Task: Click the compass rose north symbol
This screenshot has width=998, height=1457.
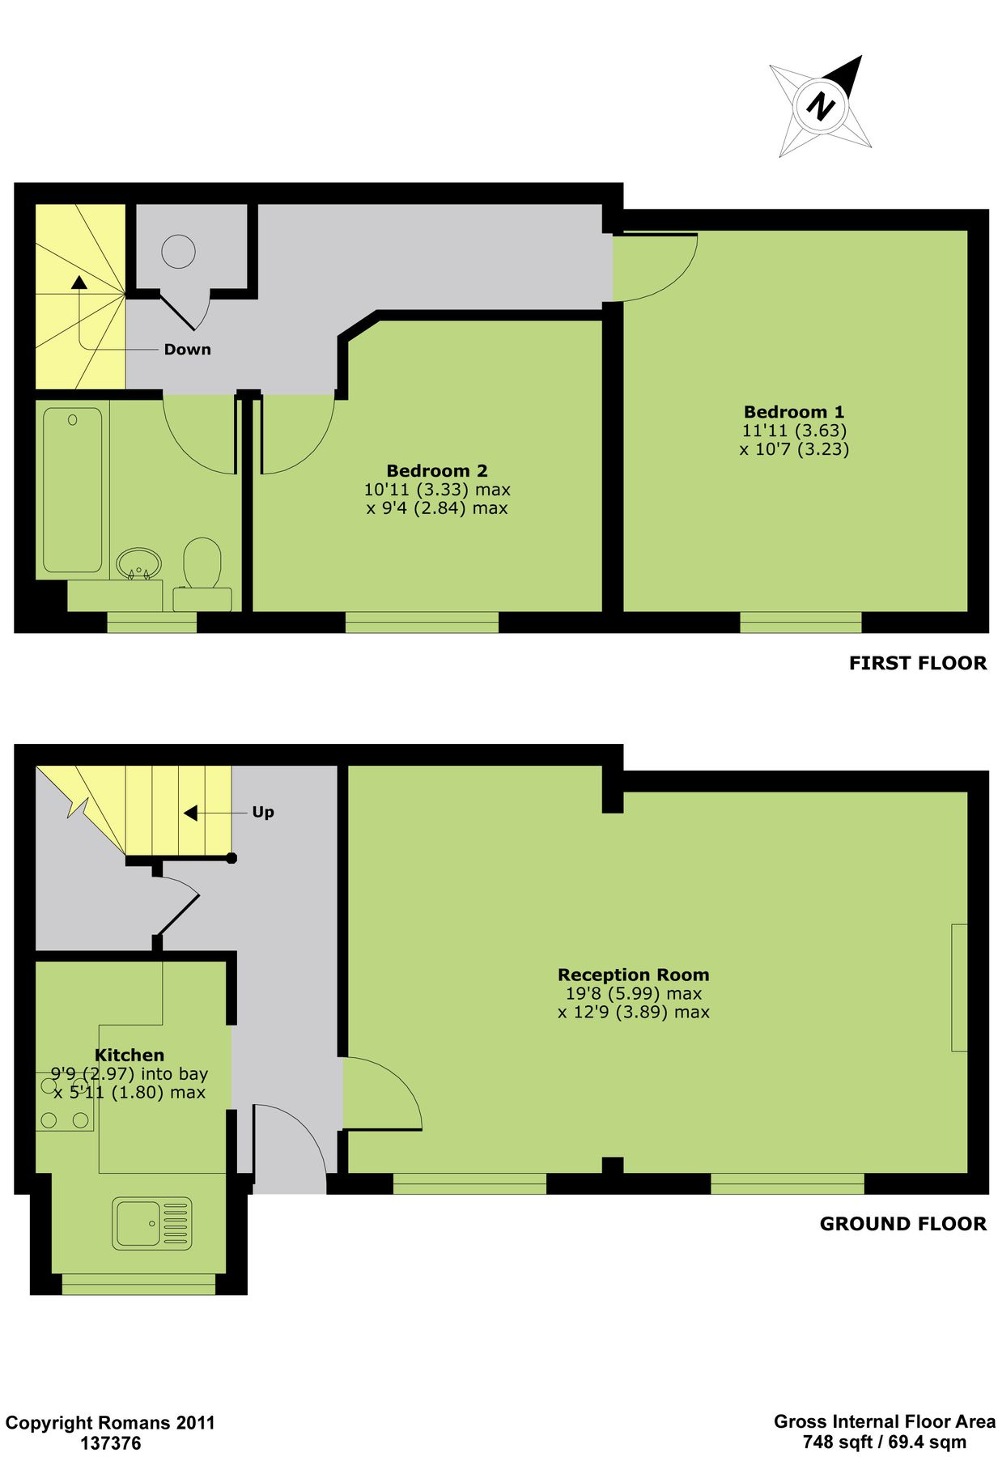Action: (820, 106)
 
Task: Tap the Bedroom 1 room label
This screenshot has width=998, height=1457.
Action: (793, 412)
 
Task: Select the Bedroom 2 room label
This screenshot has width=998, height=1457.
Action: (436, 471)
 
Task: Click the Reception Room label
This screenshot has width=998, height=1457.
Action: (633, 975)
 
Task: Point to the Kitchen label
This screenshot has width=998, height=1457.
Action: (130, 1056)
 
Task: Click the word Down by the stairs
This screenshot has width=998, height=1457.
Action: (187, 350)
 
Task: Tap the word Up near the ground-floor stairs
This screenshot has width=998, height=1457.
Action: (263, 812)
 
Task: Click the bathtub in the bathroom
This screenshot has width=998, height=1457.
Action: (73, 490)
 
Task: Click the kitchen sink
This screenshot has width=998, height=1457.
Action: (152, 1223)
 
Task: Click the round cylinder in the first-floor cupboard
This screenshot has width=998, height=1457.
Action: (178, 251)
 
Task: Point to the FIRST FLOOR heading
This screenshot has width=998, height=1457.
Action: (917, 664)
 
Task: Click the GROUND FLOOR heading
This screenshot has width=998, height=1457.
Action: (902, 1224)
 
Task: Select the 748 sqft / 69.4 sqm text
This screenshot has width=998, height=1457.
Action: (884, 1442)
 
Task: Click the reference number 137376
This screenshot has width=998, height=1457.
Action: (110, 1442)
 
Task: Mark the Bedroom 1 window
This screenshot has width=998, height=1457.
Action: (801, 622)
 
